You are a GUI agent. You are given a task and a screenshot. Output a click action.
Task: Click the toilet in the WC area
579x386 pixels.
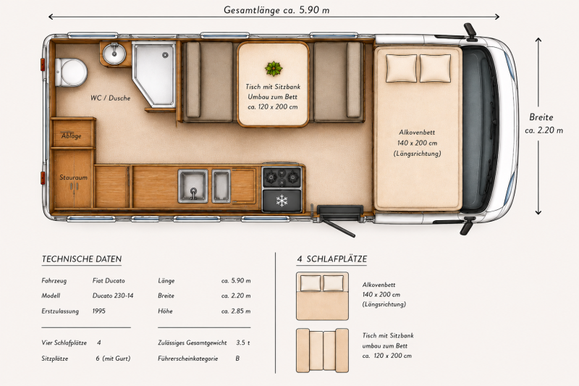tap(70, 72)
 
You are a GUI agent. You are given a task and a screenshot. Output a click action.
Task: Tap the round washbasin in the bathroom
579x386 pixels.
tap(114, 54)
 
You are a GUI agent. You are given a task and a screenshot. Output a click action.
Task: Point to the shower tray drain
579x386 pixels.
tap(165, 55)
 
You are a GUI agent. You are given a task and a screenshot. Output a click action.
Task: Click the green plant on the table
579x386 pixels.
tap(274, 69)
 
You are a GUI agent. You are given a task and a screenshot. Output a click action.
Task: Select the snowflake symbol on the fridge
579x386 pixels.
tap(282, 201)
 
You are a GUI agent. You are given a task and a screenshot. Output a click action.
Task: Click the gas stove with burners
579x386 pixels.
tap(282, 177)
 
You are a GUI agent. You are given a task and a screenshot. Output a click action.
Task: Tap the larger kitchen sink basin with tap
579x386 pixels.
tap(193, 186)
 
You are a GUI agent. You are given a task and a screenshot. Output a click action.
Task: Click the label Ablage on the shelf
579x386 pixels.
tap(71, 135)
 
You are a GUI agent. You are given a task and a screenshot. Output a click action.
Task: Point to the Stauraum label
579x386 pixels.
tap(74, 177)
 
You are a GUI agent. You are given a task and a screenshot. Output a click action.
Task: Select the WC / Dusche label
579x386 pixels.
tap(111, 98)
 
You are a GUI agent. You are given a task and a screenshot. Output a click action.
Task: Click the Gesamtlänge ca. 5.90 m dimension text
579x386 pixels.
tap(276, 10)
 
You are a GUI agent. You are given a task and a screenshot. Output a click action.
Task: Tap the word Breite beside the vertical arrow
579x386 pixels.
tap(541, 117)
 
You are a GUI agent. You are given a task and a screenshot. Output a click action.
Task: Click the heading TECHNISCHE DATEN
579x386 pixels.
tap(82, 259)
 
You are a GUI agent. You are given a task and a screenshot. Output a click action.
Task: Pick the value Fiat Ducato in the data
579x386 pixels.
tap(109, 281)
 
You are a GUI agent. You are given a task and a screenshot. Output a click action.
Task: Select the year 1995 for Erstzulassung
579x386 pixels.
tap(99, 311)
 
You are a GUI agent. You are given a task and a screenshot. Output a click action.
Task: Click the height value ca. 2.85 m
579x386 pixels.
tap(236, 311)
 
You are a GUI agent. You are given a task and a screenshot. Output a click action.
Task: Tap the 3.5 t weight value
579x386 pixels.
tap(243, 343)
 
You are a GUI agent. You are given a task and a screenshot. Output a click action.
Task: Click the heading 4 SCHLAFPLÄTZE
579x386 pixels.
tap(332, 259)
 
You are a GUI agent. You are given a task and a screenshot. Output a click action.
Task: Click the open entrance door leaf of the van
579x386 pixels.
tap(339, 228)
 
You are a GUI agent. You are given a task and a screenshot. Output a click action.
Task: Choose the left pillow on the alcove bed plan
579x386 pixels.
tap(401, 68)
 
